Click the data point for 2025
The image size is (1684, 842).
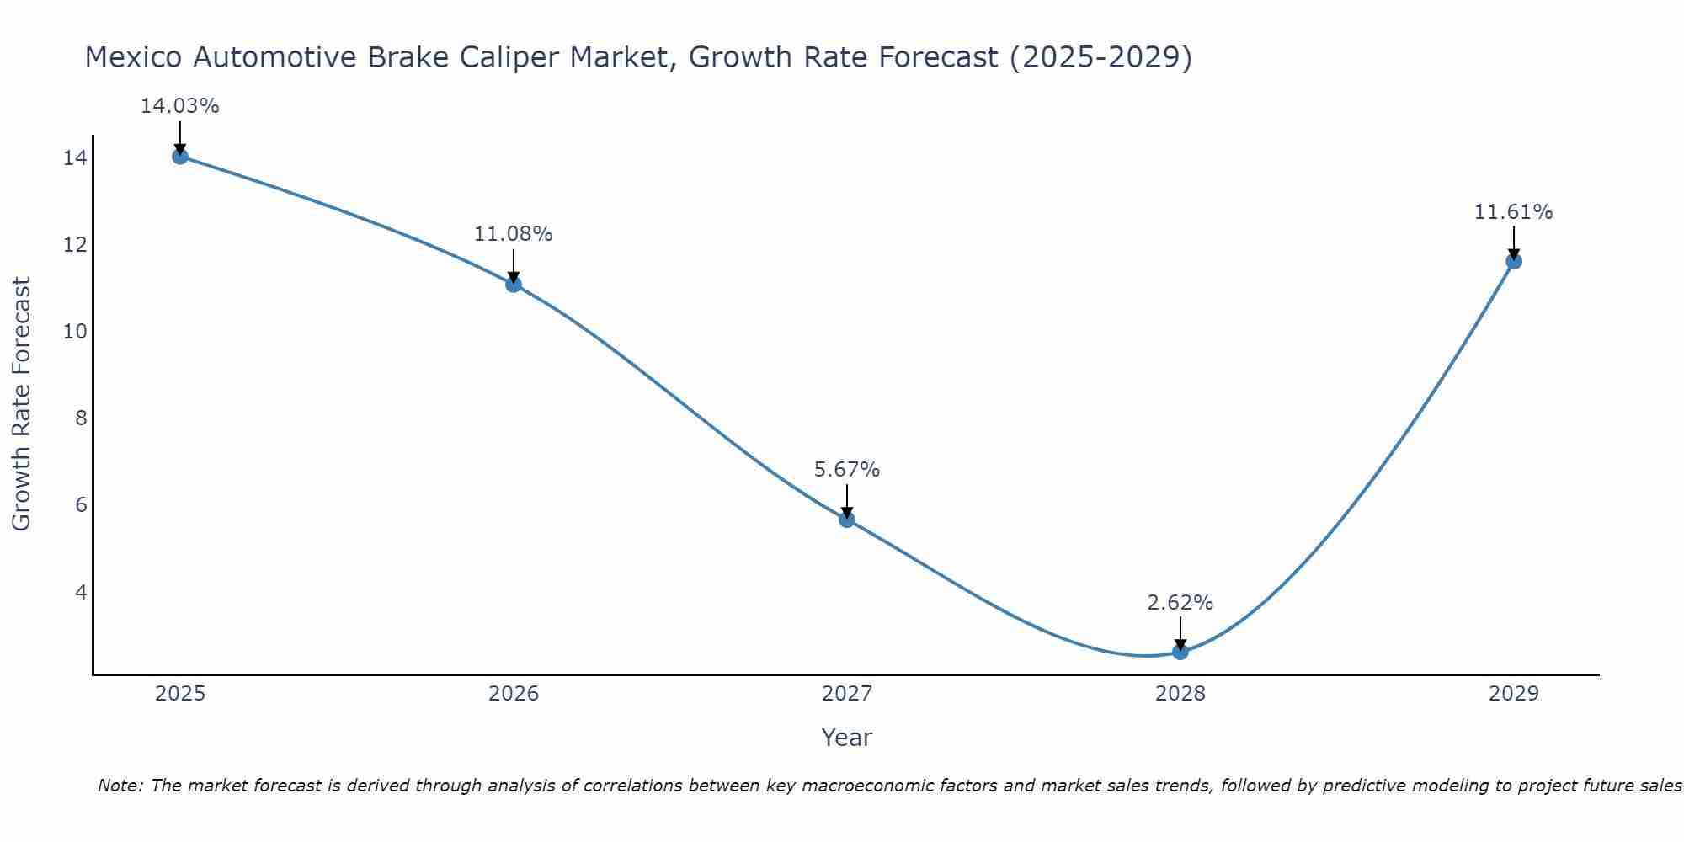pos(179,156)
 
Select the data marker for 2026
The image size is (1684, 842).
pos(514,284)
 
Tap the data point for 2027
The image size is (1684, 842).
pos(847,520)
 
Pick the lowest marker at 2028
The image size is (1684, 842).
pos(1180,652)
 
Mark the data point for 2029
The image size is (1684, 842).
pos(1514,261)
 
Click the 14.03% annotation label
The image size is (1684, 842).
pos(179,106)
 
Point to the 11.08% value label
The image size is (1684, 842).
pos(513,234)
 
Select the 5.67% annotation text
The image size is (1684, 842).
pos(847,470)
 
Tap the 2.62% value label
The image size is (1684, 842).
pos(1180,603)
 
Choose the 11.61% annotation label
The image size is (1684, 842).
pos(1513,212)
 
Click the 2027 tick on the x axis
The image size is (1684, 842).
pos(847,694)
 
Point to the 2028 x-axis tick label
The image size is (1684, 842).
pos(1180,694)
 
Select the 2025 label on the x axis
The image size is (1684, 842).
pos(180,694)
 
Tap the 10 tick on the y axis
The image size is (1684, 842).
pos(75,332)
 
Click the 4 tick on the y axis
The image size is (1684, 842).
pos(81,592)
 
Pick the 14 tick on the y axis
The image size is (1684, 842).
pos(75,158)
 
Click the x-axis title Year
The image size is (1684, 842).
pos(846,738)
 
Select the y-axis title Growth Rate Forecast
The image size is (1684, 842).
pos(22,404)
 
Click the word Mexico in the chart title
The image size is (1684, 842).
pos(135,57)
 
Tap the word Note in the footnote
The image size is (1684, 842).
pos(120,786)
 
